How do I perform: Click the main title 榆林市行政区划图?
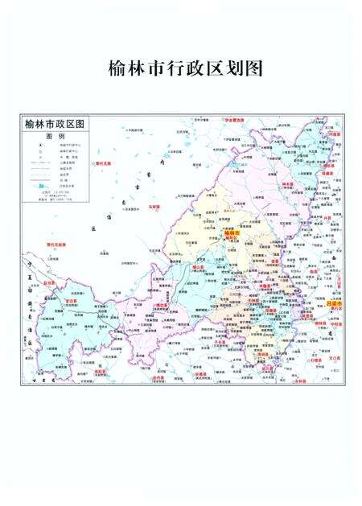180,68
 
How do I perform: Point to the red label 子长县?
221,342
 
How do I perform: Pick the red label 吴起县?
101,372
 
